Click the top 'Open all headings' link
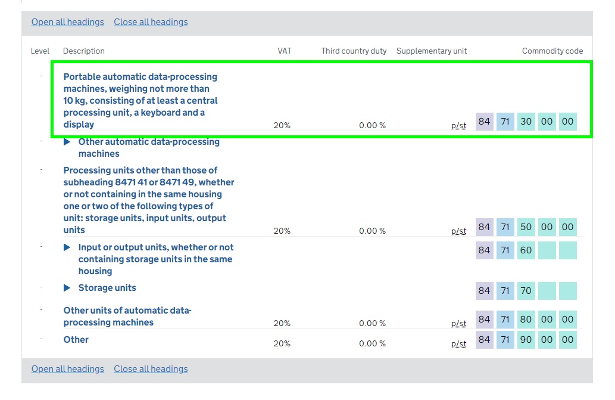(x=67, y=22)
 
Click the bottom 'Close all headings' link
(x=151, y=369)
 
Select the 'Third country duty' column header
(x=354, y=51)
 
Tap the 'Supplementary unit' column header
(x=431, y=51)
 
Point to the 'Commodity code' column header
(x=552, y=51)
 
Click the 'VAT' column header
(x=285, y=51)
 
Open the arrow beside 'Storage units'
(x=67, y=288)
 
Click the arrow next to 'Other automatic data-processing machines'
(x=67, y=142)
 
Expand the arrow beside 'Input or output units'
(x=67, y=247)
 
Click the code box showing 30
(x=526, y=122)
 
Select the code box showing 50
(x=526, y=227)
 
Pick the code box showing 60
(x=526, y=250)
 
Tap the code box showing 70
(x=526, y=291)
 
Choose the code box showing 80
(x=526, y=320)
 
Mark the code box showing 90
(x=526, y=340)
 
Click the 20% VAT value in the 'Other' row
(x=282, y=344)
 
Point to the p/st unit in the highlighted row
(x=458, y=126)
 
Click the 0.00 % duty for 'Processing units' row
(x=372, y=231)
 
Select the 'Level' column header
(x=40, y=51)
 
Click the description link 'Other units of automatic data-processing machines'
(x=127, y=317)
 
